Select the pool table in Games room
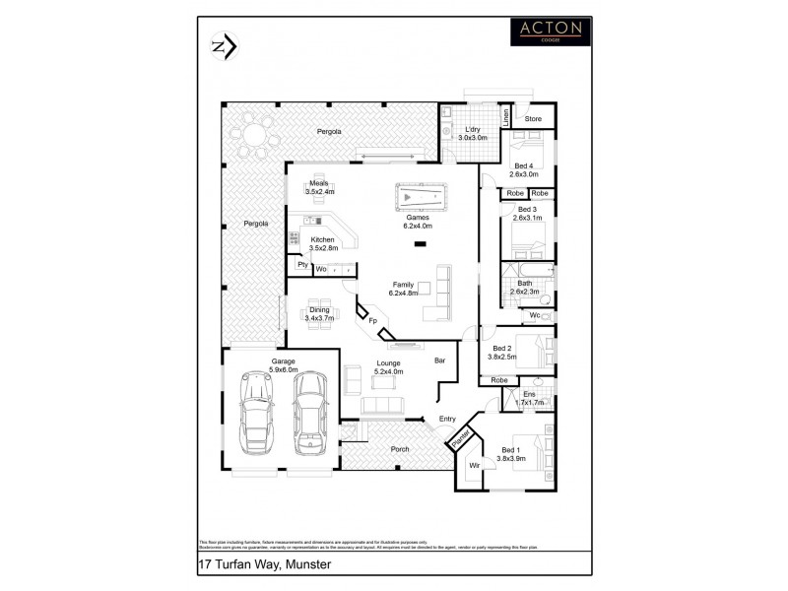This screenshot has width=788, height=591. [x=419, y=197]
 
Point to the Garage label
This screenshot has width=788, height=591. [x=284, y=361]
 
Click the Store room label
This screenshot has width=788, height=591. [x=533, y=119]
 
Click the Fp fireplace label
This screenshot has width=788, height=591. [x=372, y=320]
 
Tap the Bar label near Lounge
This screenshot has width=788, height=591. [x=440, y=361]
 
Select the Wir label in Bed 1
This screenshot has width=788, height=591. [x=474, y=464]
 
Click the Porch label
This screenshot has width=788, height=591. [x=400, y=449]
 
